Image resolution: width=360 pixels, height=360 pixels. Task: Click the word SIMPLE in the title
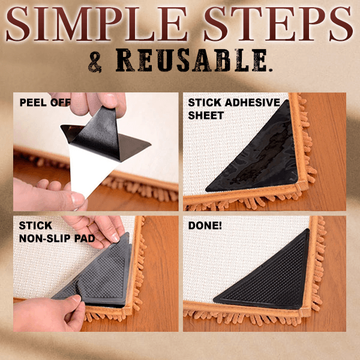tap(97, 24)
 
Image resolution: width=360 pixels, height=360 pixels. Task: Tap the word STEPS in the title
tap(278, 24)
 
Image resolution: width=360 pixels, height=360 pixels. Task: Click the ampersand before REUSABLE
tap(95, 62)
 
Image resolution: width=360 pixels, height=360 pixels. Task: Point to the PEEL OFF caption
tap(45, 103)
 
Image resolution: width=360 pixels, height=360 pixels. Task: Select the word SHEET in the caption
tap(206, 115)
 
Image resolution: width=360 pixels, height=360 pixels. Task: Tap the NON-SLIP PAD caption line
tap(57, 239)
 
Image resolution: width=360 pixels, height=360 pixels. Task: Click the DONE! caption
tap(205, 226)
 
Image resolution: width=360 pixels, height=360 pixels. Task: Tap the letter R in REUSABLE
tap(125, 60)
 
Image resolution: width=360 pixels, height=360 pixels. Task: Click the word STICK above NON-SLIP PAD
tap(35, 226)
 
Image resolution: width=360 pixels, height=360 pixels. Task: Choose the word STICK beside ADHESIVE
tap(205, 103)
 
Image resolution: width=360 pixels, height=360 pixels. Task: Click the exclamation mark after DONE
tap(220, 226)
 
